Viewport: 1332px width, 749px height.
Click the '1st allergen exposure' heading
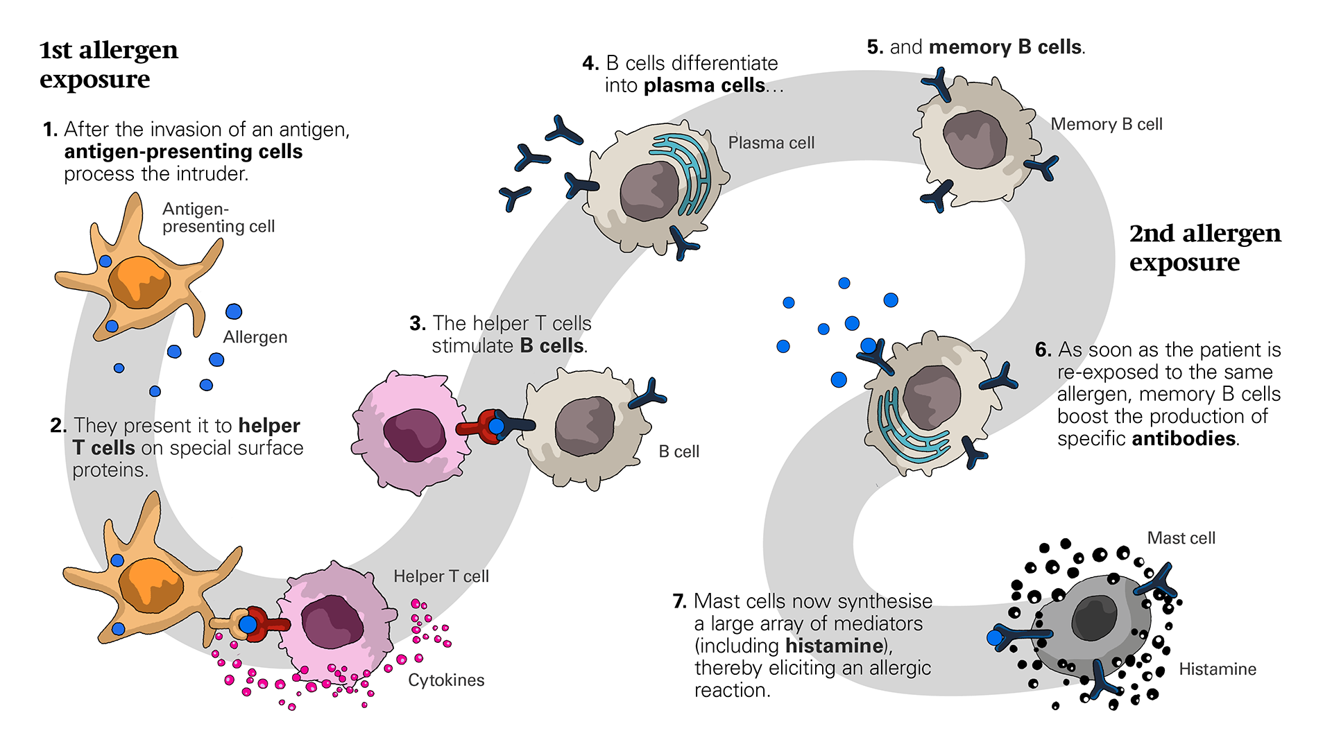108,64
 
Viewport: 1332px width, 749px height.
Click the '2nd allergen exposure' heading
1204,248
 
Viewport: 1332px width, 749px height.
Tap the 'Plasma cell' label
771,143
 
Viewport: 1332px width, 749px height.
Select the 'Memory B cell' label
1106,124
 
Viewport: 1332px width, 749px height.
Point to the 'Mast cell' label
1181,538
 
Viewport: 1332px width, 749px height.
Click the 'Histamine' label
1217,669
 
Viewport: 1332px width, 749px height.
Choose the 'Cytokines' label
445,680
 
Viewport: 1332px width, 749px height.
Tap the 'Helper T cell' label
441,576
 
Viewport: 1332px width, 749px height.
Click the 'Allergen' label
255,337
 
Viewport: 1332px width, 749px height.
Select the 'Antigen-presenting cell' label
218,218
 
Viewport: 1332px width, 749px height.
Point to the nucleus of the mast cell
1094,618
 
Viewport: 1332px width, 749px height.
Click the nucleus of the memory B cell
975,139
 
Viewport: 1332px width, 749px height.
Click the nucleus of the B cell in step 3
584,426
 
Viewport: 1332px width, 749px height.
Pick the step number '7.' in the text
679,601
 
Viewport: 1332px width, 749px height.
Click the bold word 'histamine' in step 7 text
834,646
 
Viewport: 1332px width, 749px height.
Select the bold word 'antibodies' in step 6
1184,438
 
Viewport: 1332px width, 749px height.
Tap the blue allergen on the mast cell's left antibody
994,637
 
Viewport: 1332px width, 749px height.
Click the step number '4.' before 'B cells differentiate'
590,63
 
